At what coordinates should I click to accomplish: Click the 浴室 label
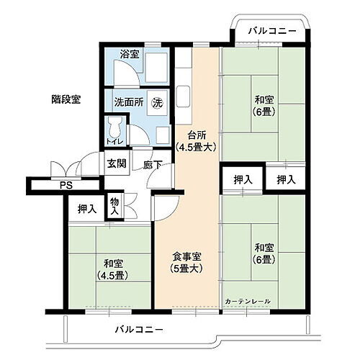pyautogui.click(x=129, y=54)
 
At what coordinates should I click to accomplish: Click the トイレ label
pyautogui.click(x=114, y=143)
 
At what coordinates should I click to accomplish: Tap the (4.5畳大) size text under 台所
pyautogui.click(x=197, y=147)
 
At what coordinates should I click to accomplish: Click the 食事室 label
pyautogui.click(x=186, y=257)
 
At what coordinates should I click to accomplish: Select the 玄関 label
pyautogui.click(x=117, y=163)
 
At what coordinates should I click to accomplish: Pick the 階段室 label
pyautogui.click(x=66, y=99)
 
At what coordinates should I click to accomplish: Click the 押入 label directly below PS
pyautogui.click(x=87, y=210)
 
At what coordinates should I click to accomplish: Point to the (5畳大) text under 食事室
pyautogui.click(x=186, y=270)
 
